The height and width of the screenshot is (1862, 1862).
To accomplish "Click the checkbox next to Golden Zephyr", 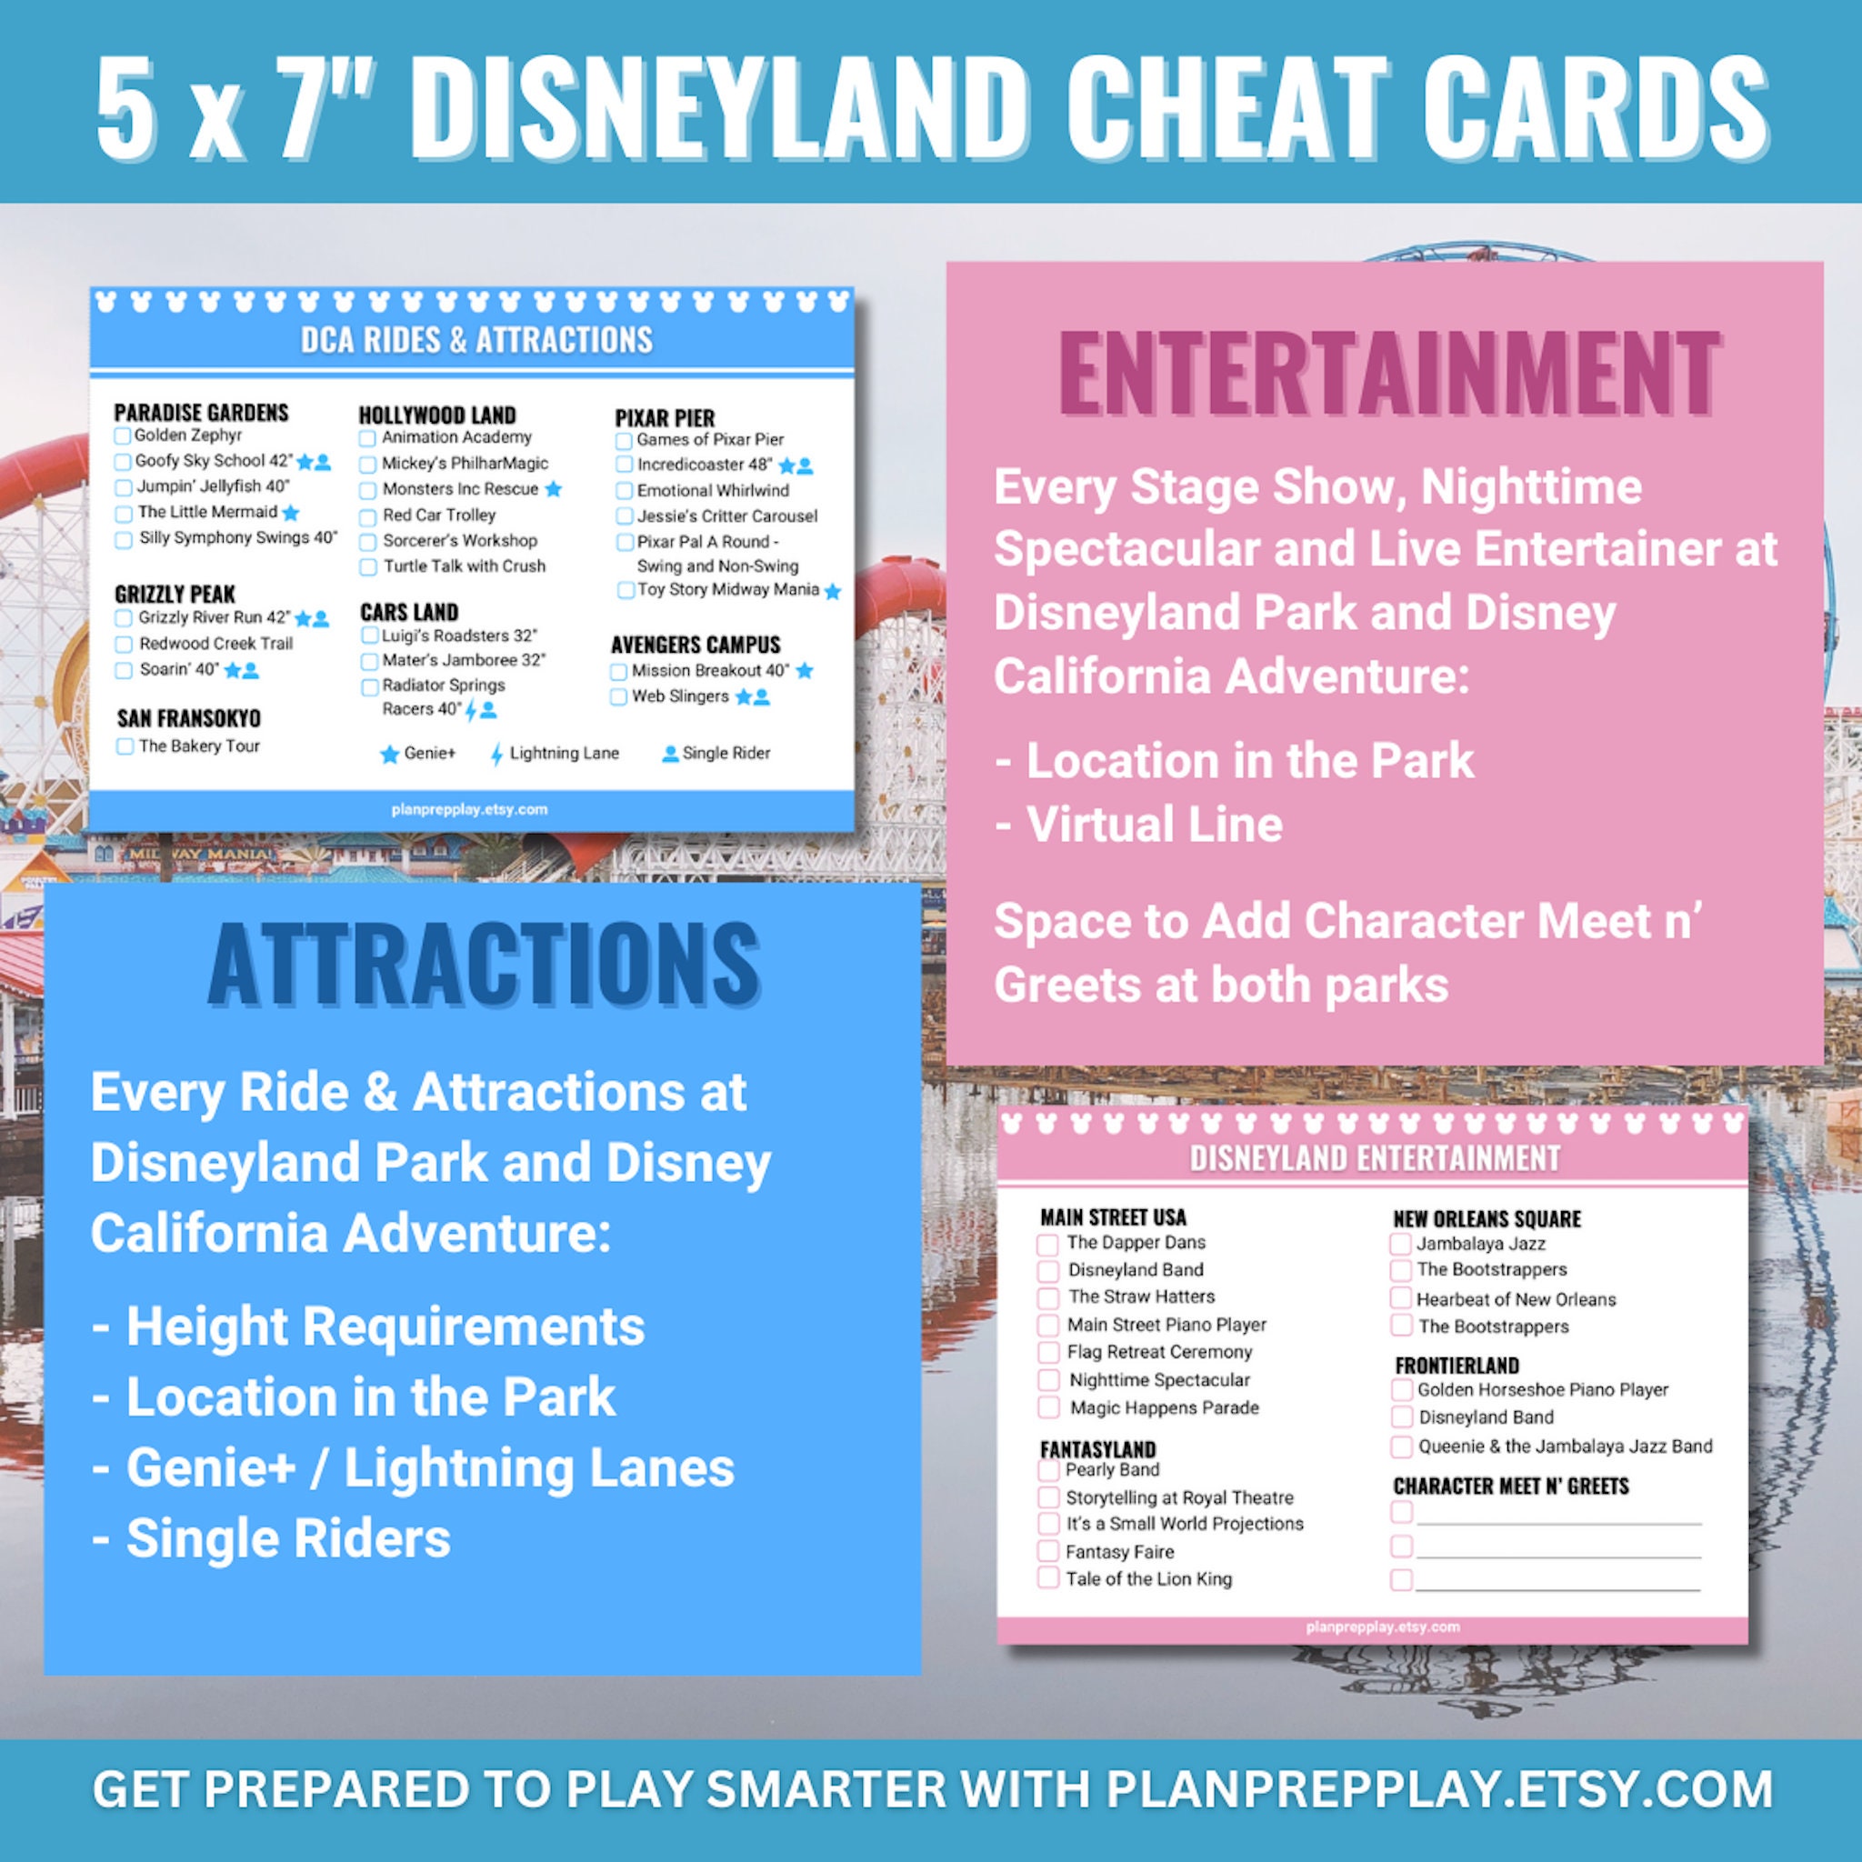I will click(123, 436).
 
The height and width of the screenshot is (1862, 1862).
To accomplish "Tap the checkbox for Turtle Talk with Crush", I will click(367, 566).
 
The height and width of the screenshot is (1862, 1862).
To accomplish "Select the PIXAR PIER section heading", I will click(664, 418).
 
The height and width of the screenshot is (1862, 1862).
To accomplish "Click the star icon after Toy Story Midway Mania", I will click(833, 591).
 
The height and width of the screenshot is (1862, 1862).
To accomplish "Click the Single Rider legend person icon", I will click(670, 754).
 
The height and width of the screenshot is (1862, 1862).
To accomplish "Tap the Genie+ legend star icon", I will click(389, 754).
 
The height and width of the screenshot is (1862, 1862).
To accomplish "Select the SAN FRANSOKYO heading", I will click(189, 718).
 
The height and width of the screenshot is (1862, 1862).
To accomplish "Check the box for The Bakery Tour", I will click(125, 746).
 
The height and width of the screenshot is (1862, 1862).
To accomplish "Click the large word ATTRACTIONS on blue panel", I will click(484, 964).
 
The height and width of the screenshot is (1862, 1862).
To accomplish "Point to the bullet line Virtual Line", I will click(1154, 825).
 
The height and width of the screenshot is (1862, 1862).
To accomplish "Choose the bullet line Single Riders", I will click(287, 1538).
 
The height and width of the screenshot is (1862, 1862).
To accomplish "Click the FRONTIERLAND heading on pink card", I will click(1457, 1366).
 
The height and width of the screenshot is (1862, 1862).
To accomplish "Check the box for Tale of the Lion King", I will click(1047, 1577).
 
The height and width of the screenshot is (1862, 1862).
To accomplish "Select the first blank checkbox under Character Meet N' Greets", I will click(1401, 1511).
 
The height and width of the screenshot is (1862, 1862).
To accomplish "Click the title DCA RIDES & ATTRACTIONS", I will click(476, 340).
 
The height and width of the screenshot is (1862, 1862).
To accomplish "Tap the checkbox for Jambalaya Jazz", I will click(1400, 1245).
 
